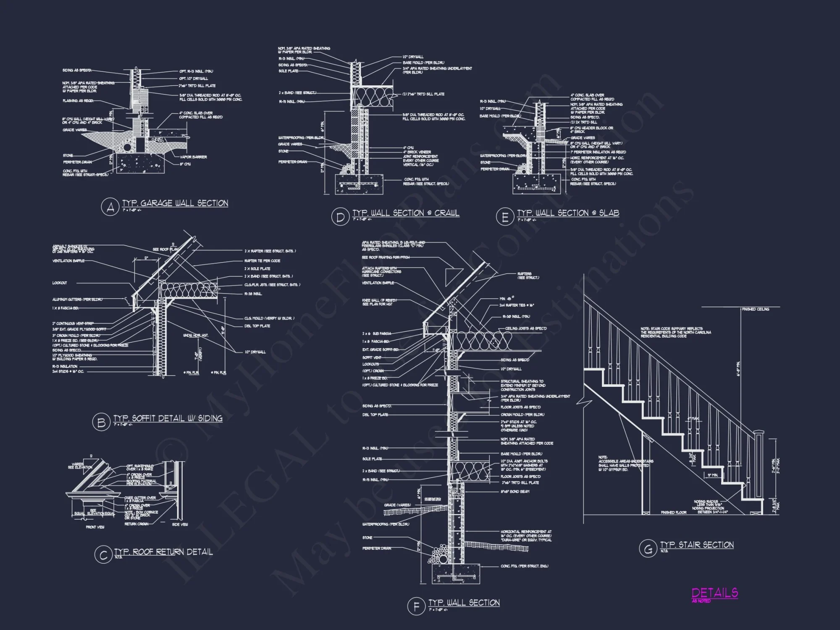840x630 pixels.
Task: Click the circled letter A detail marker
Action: pos(110,207)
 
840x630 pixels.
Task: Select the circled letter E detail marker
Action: pos(505,217)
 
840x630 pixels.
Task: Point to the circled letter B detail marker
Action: pos(101,422)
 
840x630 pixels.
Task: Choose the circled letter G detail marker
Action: pos(648,549)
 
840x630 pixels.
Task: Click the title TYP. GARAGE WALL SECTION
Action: pos(175,203)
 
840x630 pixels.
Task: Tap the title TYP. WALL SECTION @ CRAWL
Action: pos(406,213)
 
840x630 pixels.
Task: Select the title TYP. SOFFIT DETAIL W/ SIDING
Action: pos(168,418)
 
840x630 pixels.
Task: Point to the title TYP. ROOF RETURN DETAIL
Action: pos(163,551)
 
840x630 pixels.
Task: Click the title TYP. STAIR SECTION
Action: pos(697,545)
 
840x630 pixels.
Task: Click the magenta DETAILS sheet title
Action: pos(714,593)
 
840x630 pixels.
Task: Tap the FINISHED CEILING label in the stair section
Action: pos(756,309)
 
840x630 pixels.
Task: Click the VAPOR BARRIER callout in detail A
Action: pos(193,157)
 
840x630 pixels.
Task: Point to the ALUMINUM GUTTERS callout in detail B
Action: pos(78,299)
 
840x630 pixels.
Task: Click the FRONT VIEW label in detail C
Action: pos(94,527)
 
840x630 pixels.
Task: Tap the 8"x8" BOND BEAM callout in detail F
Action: pos(514,491)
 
